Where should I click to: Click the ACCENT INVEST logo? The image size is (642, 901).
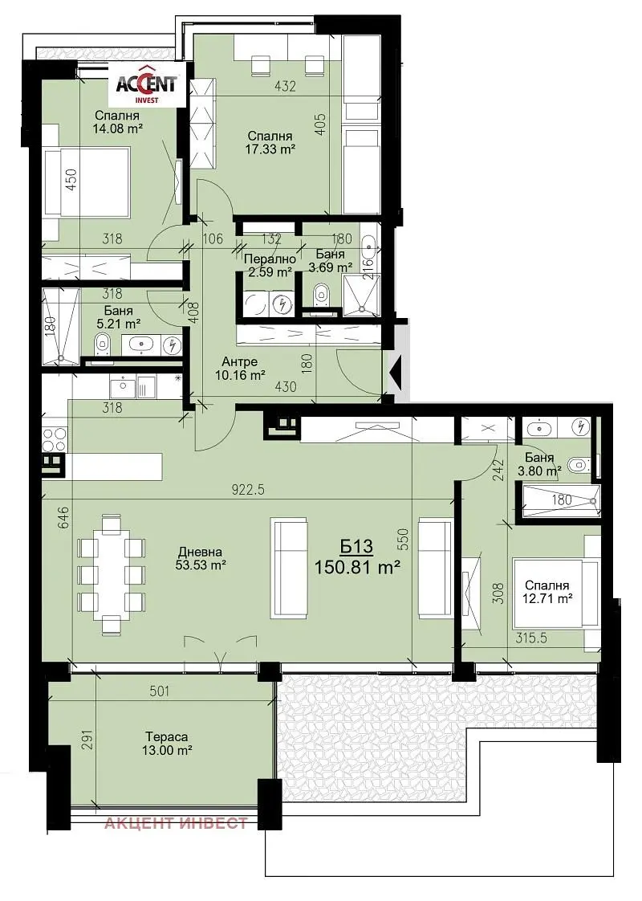(146, 85)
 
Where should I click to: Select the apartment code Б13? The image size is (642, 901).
(356, 546)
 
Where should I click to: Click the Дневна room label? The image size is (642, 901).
(200, 552)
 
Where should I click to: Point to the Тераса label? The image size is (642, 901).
(167, 736)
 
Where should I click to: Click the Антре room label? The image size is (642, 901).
(239, 362)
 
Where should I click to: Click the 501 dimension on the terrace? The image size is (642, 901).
(159, 691)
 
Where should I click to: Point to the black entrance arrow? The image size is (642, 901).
(395, 373)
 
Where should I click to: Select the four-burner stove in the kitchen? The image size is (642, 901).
(55, 439)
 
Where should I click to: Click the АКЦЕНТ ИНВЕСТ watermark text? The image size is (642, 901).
(175, 823)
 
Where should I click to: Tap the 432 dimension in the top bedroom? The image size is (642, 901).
(286, 86)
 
